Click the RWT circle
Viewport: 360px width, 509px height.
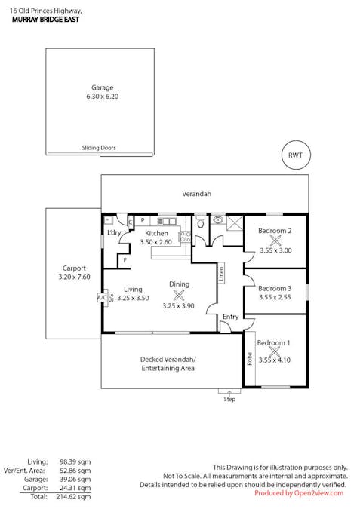tap(296, 155)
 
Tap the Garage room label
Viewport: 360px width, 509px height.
tap(103, 87)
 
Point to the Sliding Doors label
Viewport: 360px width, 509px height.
tap(99, 148)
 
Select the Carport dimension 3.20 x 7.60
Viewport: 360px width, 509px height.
tap(75, 277)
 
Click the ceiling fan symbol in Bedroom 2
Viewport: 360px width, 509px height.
tap(275, 241)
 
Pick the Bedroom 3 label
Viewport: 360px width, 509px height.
tap(275, 288)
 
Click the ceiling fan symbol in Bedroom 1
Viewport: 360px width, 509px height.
tap(275, 351)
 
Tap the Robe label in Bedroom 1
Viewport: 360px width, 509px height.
tap(250, 359)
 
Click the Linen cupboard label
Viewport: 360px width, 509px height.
tap(221, 274)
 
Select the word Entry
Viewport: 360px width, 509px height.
tap(231, 317)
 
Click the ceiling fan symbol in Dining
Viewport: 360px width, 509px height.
tap(178, 295)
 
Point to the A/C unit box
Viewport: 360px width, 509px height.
tap(102, 297)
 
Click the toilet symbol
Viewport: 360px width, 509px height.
tap(201, 222)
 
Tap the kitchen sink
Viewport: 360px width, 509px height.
tap(167, 222)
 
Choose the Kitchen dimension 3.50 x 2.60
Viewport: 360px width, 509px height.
tap(156, 242)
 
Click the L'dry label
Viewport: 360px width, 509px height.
tap(114, 232)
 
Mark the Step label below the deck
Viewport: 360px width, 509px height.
tap(229, 399)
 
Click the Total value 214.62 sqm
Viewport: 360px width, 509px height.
tap(73, 497)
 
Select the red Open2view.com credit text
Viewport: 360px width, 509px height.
tap(299, 493)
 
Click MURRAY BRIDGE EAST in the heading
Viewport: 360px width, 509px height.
tap(45, 20)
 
